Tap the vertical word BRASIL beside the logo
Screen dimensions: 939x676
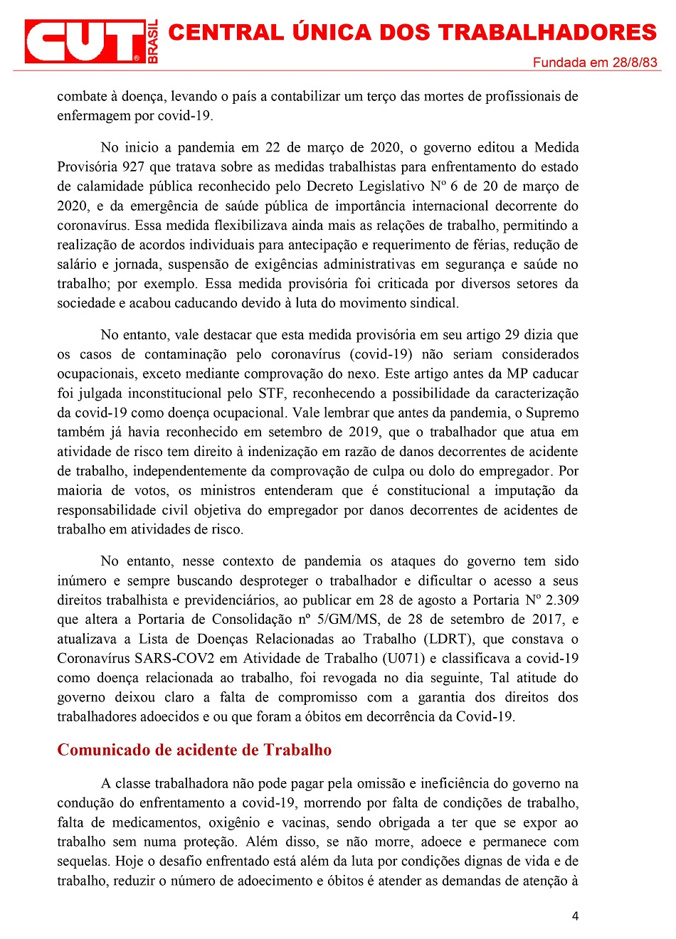point(152,41)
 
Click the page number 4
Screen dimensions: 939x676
point(575,916)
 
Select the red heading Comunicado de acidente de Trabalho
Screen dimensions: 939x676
point(194,750)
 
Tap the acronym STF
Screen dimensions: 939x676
point(270,393)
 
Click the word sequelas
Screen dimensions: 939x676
point(83,861)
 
